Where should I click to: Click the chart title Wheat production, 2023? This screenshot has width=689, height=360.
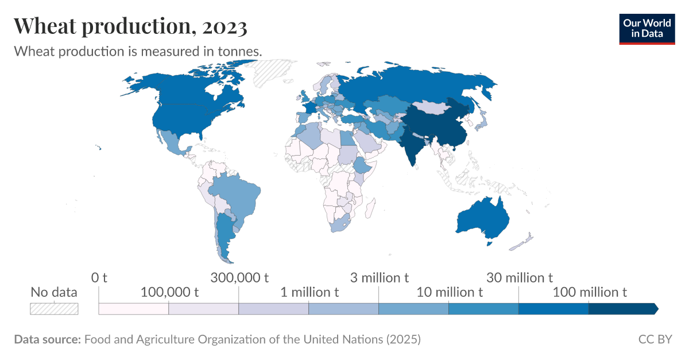[x=130, y=26]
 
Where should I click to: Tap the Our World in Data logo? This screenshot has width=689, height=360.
[x=647, y=28]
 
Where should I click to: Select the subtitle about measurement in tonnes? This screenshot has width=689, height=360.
[x=138, y=51]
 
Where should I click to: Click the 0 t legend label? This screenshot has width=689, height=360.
[x=99, y=278]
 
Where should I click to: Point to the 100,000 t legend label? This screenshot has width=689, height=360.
[x=169, y=292]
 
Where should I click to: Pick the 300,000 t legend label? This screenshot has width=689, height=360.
[x=239, y=278]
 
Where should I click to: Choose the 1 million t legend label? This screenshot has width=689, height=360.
[x=309, y=292]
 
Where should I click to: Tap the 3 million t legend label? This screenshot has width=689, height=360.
[x=380, y=278]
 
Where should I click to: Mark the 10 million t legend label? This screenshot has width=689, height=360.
[x=450, y=292]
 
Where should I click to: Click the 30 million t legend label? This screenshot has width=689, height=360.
[x=520, y=278]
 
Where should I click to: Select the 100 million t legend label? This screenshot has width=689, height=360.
[x=590, y=292]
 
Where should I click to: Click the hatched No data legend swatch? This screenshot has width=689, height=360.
[x=54, y=308]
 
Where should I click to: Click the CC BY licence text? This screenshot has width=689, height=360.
[x=655, y=339]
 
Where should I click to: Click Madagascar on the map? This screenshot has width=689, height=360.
[x=371, y=207]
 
